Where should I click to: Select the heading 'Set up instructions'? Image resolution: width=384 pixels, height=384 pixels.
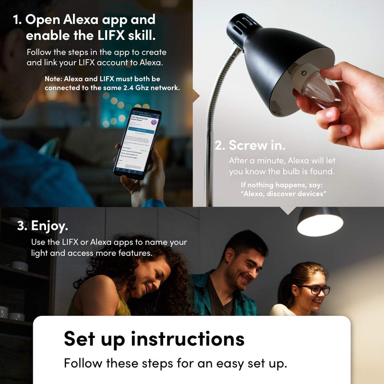click(x=154, y=338)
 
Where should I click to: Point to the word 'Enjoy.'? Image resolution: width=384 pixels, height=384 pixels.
click(x=50, y=226)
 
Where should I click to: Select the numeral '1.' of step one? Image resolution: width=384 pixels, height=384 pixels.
click(x=17, y=20)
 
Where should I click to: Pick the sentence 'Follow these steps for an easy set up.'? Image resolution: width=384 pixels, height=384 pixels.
click(x=175, y=363)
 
